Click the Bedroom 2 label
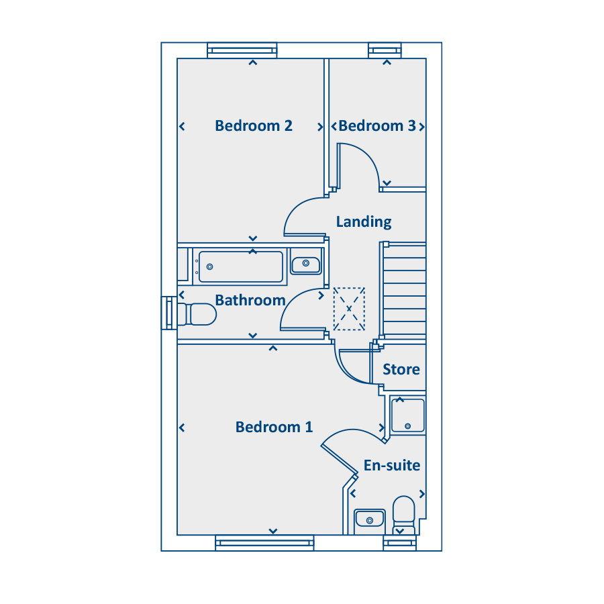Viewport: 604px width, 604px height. (254, 125)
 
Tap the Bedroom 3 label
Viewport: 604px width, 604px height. (377, 125)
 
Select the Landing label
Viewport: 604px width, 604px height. (364, 222)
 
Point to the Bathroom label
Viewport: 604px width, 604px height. (250, 300)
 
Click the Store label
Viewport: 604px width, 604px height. (401, 369)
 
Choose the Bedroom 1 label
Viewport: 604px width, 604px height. (274, 427)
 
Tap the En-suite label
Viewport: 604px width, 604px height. (392, 465)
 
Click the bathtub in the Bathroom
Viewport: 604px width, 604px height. (241, 266)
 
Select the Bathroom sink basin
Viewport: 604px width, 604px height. (306, 264)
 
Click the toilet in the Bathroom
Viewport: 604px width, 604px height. (197, 314)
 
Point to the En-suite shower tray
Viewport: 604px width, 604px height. (407, 415)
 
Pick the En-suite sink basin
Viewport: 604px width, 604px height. (369, 519)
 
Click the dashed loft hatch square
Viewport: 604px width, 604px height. (349, 309)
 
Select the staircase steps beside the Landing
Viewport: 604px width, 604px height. (405, 291)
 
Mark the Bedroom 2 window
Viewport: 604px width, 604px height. (242, 50)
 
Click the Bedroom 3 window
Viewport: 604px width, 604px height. (385, 50)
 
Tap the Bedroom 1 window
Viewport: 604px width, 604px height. (264, 543)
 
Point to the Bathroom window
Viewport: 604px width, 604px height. (169, 313)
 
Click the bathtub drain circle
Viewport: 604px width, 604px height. (209, 266)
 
